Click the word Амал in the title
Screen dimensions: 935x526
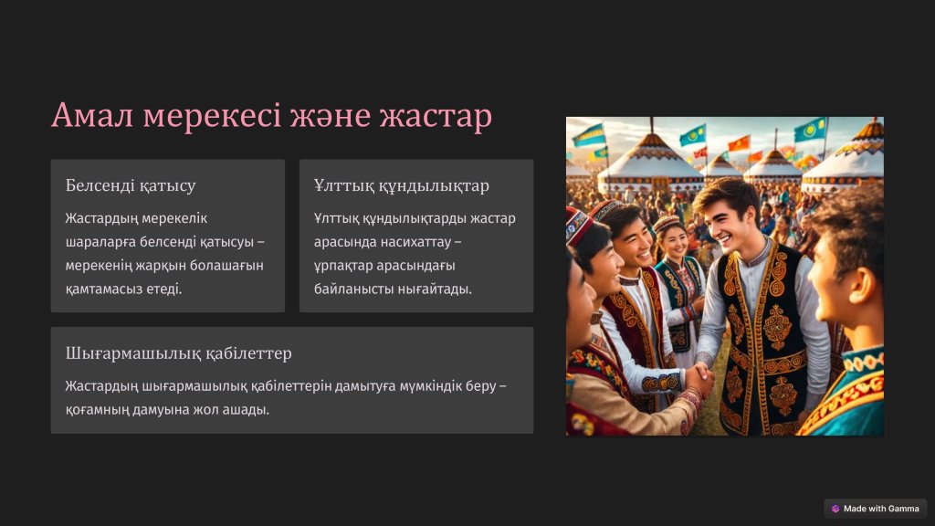(92, 115)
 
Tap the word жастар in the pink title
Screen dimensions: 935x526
(436, 116)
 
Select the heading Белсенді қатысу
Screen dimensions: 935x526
(131, 185)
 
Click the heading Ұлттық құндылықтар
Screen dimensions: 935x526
(402, 185)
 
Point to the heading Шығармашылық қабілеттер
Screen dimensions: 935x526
(178, 353)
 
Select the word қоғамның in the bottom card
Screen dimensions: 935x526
(92, 410)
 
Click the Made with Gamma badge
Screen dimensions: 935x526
(876, 509)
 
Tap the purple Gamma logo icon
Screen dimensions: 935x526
(835, 509)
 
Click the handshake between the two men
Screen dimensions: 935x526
(698, 378)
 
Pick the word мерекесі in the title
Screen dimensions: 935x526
(212, 116)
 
